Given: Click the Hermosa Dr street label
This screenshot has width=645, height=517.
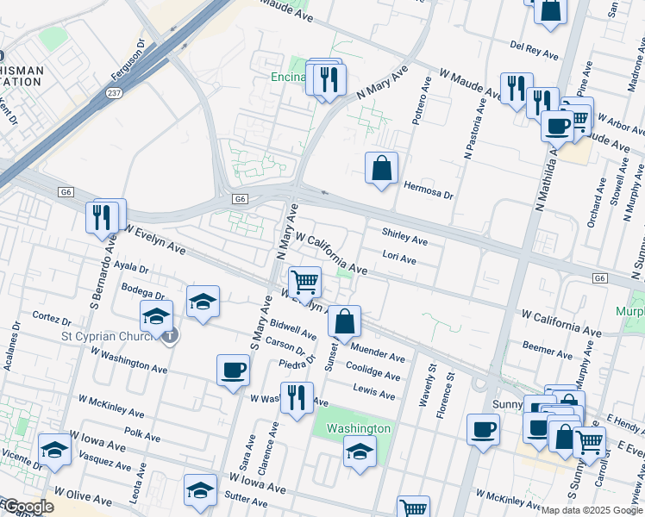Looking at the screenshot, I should point(428,195).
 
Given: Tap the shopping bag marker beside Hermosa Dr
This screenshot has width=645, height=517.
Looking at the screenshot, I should point(381,169).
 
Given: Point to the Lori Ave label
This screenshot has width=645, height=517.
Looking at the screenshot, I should point(399,258).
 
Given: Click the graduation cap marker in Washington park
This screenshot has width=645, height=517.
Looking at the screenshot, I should point(360,451).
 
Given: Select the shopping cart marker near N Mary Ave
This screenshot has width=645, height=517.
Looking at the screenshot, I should point(304,282).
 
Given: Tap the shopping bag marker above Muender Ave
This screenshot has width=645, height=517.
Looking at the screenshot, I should point(344,321).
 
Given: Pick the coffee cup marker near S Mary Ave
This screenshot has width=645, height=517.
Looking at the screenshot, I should point(233,371).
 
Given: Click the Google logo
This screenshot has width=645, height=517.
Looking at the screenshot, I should point(28,507).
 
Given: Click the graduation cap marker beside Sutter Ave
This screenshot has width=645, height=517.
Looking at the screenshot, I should point(200,489).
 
